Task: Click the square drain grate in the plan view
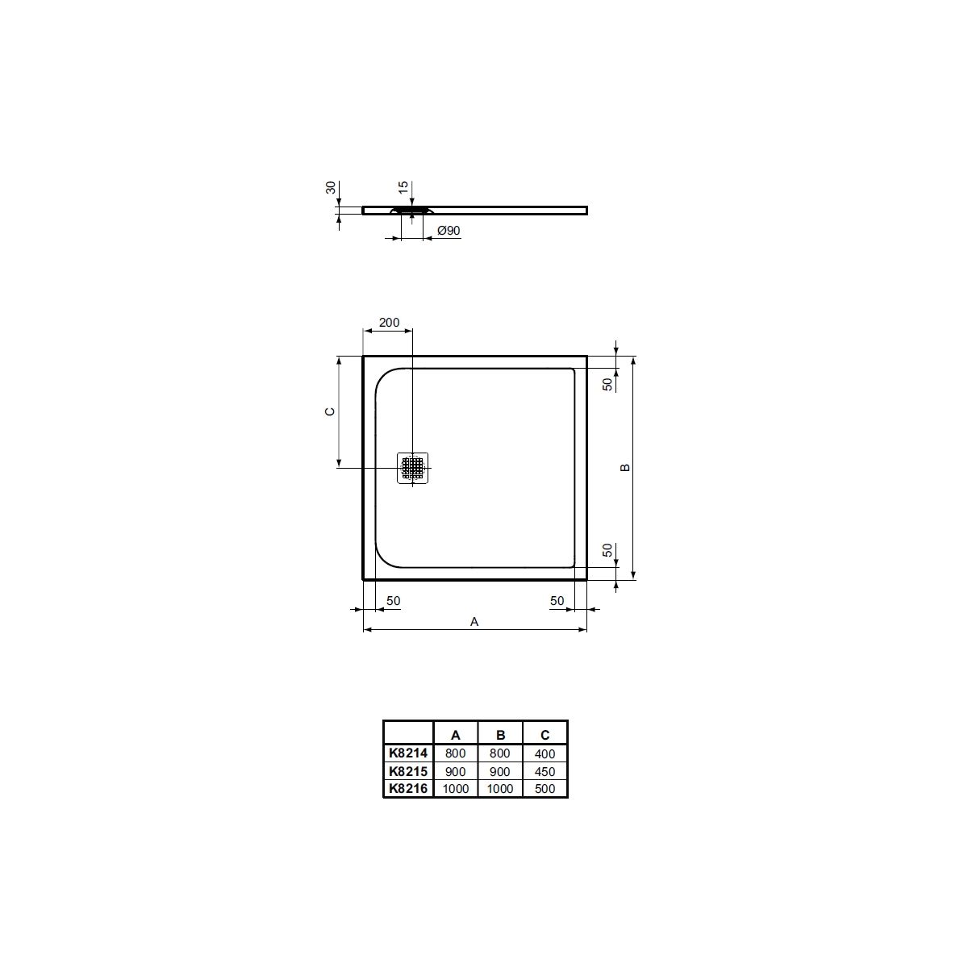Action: [x=412, y=468]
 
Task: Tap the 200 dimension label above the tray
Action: [x=389, y=323]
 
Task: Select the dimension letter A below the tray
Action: [x=474, y=622]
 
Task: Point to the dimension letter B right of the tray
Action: [x=625, y=467]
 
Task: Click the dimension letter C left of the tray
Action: [x=330, y=411]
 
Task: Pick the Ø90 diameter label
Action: [x=449, y=231]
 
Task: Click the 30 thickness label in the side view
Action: [x=330, y=188]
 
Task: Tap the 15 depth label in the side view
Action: [x=403, y=188]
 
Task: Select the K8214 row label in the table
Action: [x=408, y=753]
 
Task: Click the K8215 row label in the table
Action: [x=408, y=771]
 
